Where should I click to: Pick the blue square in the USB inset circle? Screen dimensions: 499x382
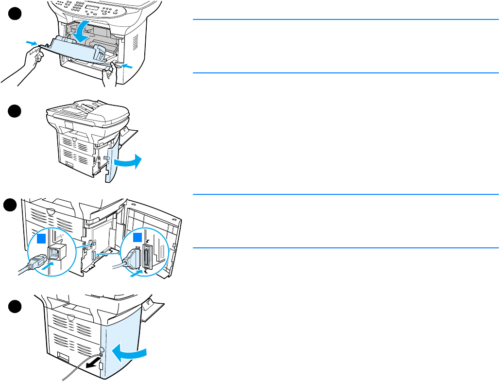click(x=42, y=239)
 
